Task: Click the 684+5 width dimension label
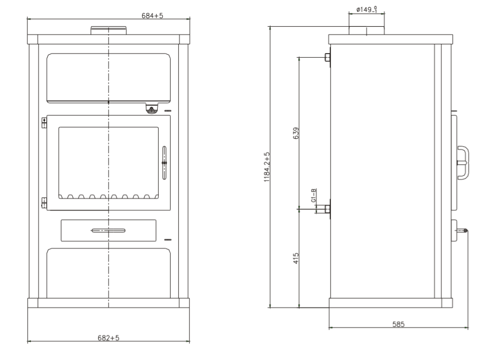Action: (153, 15)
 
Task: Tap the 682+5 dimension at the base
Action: (108, 338)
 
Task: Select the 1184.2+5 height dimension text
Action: (267, 167)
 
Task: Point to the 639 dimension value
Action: (296, 133)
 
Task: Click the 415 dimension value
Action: (296, 258)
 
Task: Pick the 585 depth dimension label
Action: (398, 324)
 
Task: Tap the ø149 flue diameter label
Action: (367, 9)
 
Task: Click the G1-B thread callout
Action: (313, 195)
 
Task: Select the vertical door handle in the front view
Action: (164, 163)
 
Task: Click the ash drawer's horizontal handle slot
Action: (108, 231)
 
